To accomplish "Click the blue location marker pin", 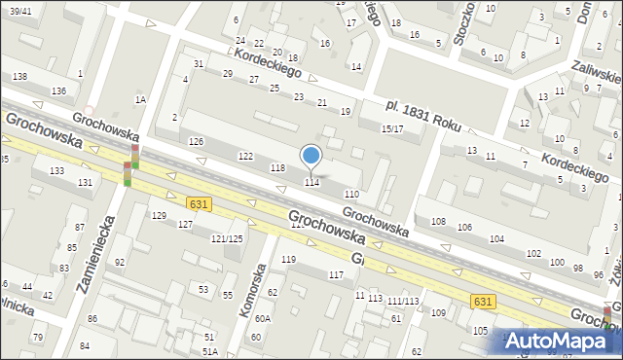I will pyautogui.click(x=311, y=157).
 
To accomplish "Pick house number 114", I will pyautogui.click(x=311, y=183).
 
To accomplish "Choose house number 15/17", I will pyautogui.click(x=391, y=128).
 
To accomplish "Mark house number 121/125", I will pyautogui.click(x=227, y=238).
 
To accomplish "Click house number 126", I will pyautogui.click(x=196, y=142).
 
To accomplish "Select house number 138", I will pyautogui.click(x=19, y=76).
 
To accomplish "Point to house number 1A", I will pyautogui.click(x=140, y=99).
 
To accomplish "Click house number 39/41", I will pyautogui.click(x=19, y=11).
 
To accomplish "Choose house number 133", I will pyautogui.click(x=56, y=170).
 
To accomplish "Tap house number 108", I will pyautogui.click(x=438, y=222).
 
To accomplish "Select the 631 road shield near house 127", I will pyautogui.click(x=199, y=203).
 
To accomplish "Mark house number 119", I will pyautogui.click(x=288, y=259).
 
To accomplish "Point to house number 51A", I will pyautogui.click(x=209, y=351).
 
